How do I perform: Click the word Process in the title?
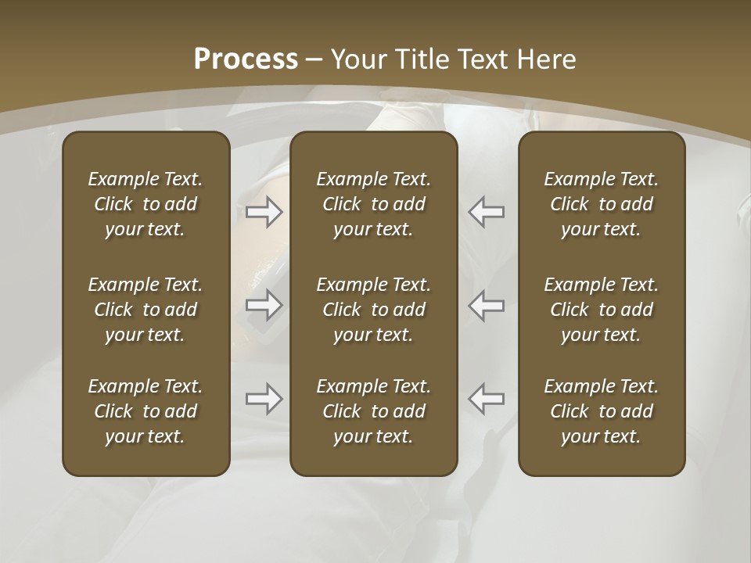click(x=246, y=59)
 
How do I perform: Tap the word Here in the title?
click(x=546, y=59)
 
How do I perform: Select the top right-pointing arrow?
click(x=264, y=212)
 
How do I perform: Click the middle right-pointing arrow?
click(x=264, y=305)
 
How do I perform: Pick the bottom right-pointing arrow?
click(x=264, y=399)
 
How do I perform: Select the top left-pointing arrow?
click(x=487, y=212)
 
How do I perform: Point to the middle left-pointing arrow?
click(x=487, y=305)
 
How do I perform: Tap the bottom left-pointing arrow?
click(x=487, y=399)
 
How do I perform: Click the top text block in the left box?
click(x=146, y=204)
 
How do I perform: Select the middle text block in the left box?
click(x=146, y=310)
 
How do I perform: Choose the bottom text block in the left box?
click(x=146, y=411)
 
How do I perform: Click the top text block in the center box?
click(x=373, y=204)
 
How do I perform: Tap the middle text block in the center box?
click(x=373, y=310)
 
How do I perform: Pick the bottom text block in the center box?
click(x=373, y=411)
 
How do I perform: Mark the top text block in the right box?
click(x=601, y=204)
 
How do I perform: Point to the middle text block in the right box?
click(x=601, y=310)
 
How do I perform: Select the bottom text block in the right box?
click(x=601, y=411)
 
